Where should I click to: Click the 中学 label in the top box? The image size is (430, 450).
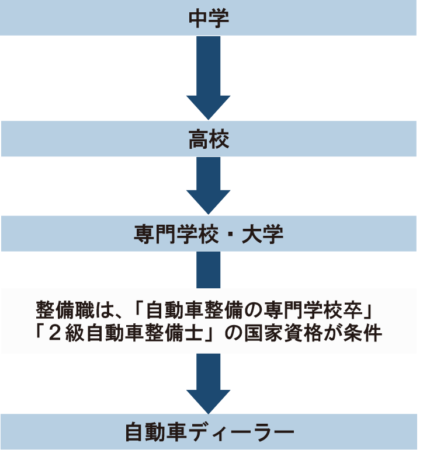209,18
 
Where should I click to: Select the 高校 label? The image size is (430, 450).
209,139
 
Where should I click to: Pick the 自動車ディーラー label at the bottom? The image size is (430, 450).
209,432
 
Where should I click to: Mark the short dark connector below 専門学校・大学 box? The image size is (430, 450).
209,269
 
